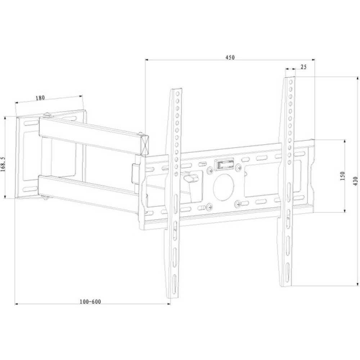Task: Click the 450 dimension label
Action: pos(230,57)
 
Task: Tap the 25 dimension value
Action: pos(303,67)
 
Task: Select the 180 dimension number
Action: pos(40,98)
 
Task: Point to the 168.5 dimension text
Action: pos(3,165)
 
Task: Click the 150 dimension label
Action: pos(342,176)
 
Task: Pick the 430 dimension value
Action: pos(355,181)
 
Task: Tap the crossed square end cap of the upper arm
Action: pos(145,145)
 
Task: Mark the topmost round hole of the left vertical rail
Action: pos(177,94)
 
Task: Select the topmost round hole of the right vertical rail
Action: pos(291,82)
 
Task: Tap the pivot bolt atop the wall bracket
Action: pos(47,114)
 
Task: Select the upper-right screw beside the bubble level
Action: pos(238,166)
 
